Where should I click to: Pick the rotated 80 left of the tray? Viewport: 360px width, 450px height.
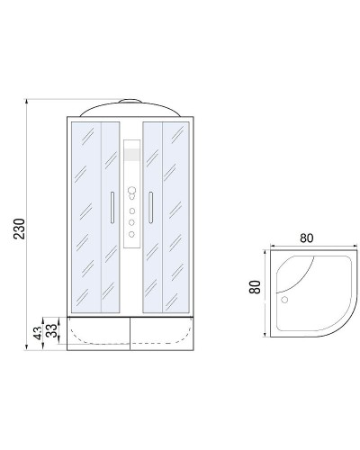pyautogui.click(x=255, y=291)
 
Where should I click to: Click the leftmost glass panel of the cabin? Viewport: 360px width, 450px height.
pyautogui.click(x=84, y=216)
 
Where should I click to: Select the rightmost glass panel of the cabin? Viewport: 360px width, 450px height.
pyautogui.click(x=177, y=216)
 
